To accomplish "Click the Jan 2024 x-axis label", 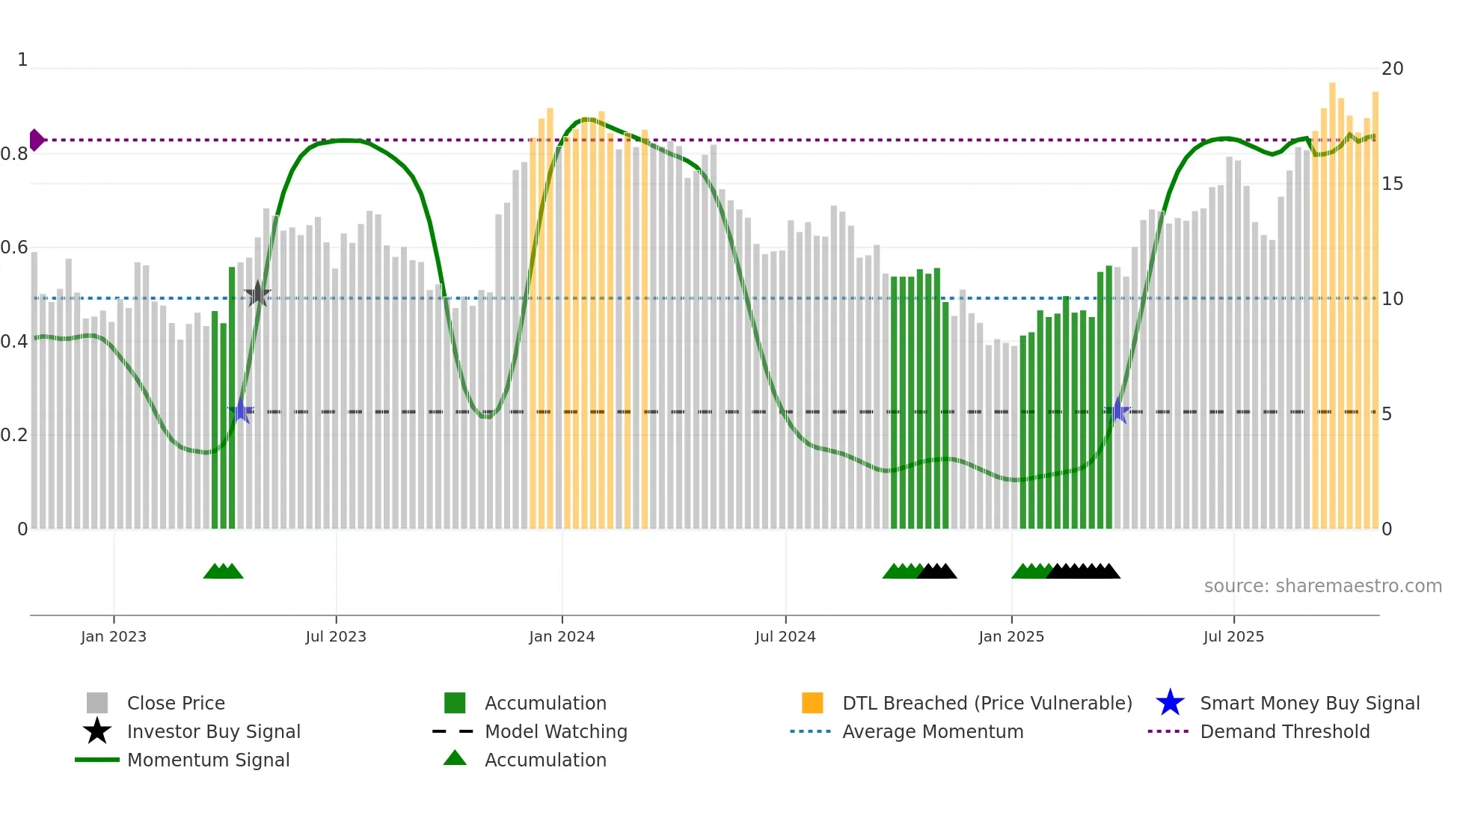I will pos(562,636).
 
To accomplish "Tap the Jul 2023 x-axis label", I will pos(336,636).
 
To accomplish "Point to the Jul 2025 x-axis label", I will pos(1233,636).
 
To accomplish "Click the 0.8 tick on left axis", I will pos(14,154).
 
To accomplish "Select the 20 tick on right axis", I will pos(1392,69).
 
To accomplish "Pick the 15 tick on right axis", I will pos(1392,184).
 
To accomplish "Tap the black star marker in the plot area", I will pos(257,294).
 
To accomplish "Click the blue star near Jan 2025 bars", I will pos(1117,411).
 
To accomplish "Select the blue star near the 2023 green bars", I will pos(241,411).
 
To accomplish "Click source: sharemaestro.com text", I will pos(1322,586).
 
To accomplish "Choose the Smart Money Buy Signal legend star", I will pos(1170,703).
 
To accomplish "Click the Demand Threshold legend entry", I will pos(1284,731).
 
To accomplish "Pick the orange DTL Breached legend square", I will pos(812,703).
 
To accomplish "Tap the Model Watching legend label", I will pos(556,731).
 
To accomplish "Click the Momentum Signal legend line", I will pos(97,760).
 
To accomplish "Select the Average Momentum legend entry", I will pos(932,731).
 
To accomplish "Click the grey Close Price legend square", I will pos(97,703).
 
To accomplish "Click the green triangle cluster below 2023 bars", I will pos(223,571).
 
